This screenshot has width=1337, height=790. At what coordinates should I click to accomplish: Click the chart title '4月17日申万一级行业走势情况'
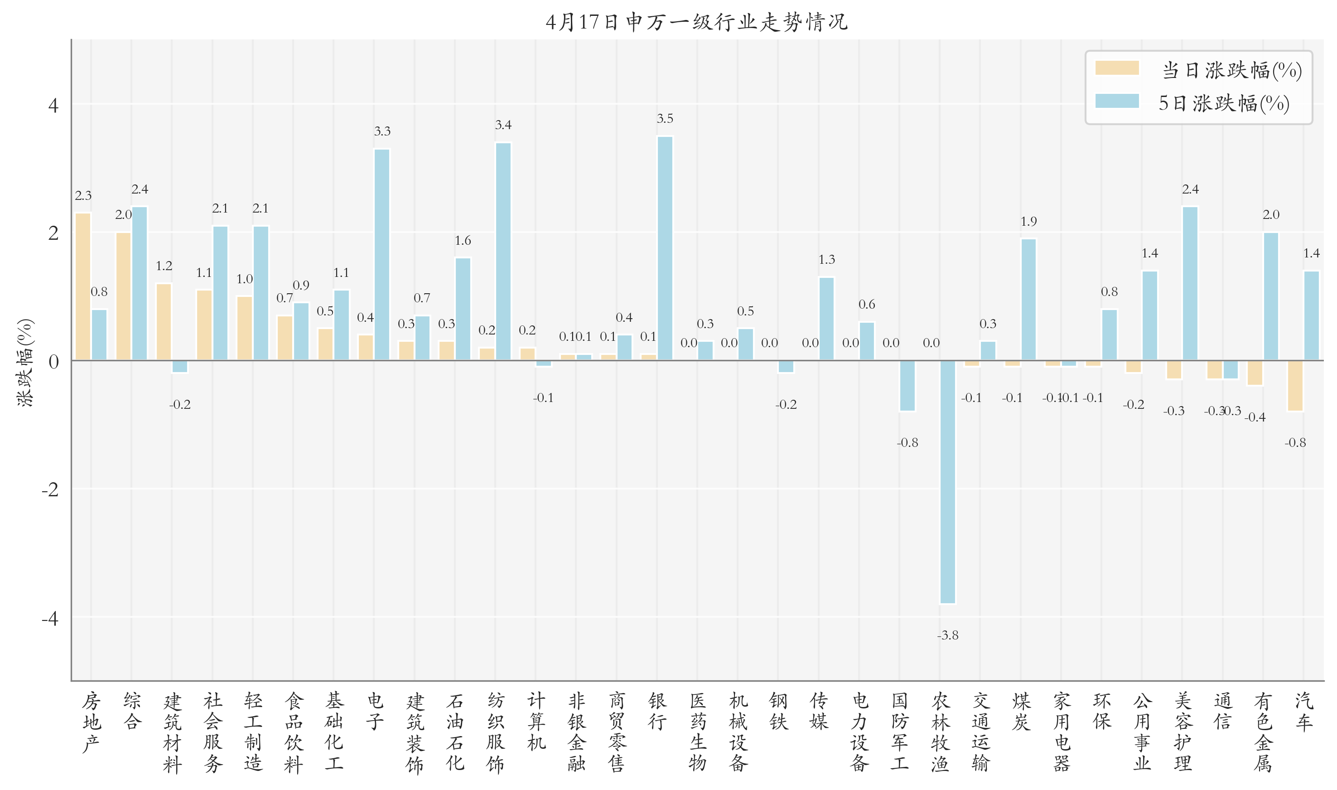[x=696, y=22]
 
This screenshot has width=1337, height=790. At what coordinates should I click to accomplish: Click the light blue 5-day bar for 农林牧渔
[x=947, y=482]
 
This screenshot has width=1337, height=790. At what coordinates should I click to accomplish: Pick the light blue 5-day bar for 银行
[x=665, y=248]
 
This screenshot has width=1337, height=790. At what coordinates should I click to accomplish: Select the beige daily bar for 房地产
[x=83, y=286]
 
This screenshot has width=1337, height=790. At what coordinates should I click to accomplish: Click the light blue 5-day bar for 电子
[x=382, y=254]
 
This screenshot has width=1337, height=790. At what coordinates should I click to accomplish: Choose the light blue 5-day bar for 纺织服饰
[x=503, y=251]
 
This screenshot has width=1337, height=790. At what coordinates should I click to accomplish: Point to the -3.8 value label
[x=947, y=635]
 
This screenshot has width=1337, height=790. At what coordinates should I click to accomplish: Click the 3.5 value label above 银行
[x=665, y=119]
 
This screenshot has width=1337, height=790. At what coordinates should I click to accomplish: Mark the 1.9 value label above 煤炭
[x=1028, y=222]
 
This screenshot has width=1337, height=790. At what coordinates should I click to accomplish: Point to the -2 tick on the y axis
[x=51, y=489]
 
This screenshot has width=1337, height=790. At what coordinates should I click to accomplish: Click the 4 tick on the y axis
[x=53, y=106]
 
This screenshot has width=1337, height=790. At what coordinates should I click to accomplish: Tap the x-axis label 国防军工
[x=900, y=732]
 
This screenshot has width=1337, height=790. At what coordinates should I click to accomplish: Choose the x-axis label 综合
[x=132, y=711]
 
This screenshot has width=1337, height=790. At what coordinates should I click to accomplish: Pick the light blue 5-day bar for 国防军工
[x=907, y=385]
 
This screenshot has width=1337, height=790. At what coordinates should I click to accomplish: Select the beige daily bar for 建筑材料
[x=164, y=321]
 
